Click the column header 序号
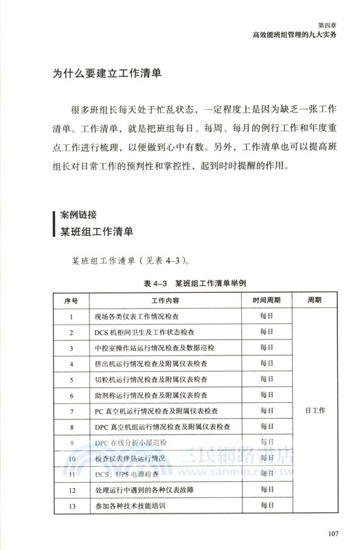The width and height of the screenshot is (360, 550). tap(71, 301)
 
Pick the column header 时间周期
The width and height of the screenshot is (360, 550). tap(267, 301)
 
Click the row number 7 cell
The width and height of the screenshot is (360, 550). tap(71, 411)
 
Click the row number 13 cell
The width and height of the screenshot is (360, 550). tap(71, 506)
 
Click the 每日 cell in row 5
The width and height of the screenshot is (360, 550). tap(267, 379)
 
